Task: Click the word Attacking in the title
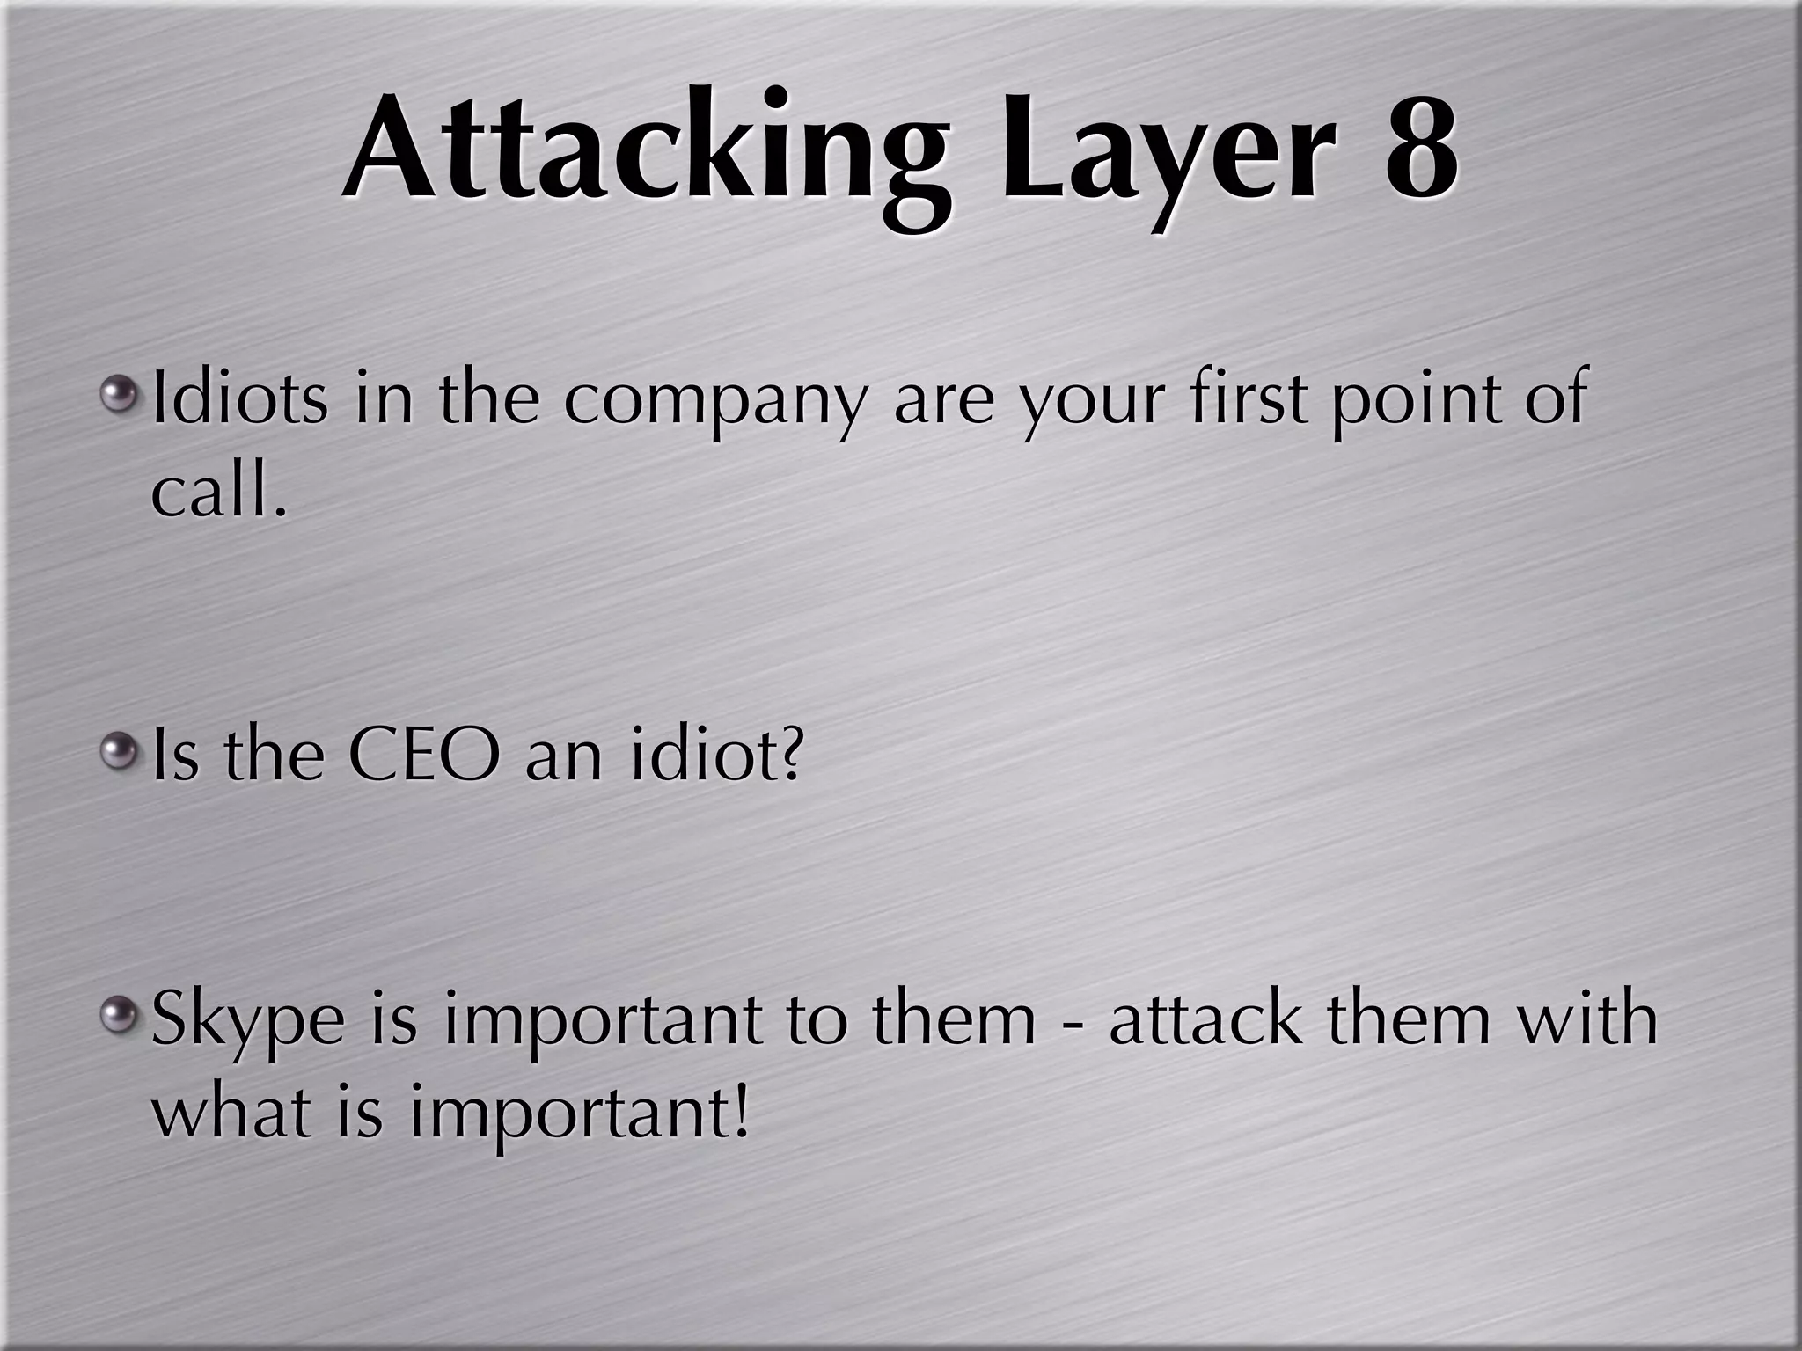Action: pos(647,150)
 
